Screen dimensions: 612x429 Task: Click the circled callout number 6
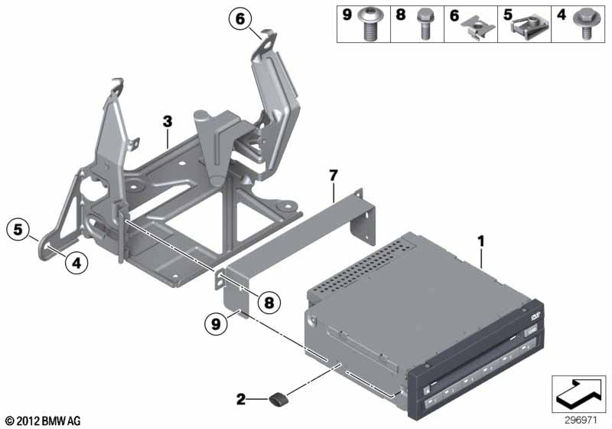click(240, 18)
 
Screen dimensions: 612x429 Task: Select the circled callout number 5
click(18, 229)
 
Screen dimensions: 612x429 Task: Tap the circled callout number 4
click(76, 263)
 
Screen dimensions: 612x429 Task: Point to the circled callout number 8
click(269, 302)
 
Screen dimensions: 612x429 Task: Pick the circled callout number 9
click(216, 323)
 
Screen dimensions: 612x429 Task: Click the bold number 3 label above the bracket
click(168, 122)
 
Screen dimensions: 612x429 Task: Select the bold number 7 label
click(333, 175)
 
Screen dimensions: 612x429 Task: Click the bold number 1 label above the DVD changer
click(481, 241)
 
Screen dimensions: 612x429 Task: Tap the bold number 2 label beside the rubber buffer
click(241, 399)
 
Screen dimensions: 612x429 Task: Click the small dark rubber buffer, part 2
click(278, 399)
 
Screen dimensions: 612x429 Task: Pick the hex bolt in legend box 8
click(425, 25)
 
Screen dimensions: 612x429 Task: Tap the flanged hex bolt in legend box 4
click(585, 25)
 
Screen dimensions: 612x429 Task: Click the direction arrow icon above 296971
click(579, 394)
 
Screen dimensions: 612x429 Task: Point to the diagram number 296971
click(581, 421)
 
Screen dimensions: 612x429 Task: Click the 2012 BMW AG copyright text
click(44, 421)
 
